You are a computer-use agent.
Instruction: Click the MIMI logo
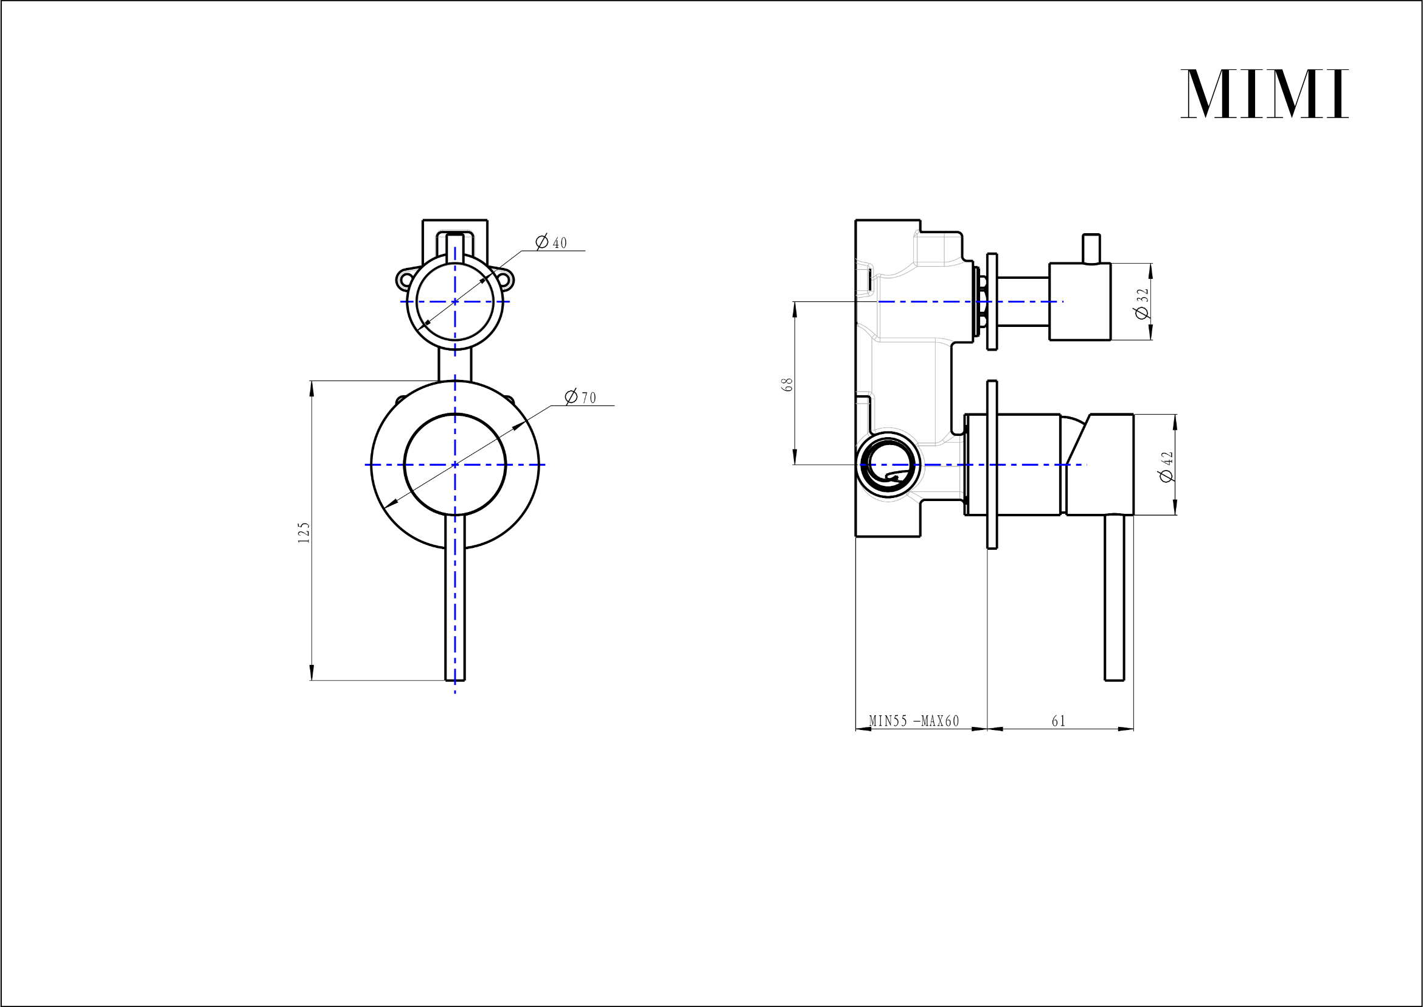tap(1264, 94)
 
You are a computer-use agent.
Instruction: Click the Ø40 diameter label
tap(551, 242)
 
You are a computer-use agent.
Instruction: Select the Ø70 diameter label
tap(581, 397)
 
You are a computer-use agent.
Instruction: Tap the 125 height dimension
tap(304, 532)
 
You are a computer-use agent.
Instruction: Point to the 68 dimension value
tap(788, 384)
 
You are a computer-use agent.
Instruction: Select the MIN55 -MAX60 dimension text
tap(914, 721)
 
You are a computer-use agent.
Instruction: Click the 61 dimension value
tap(1059, 721)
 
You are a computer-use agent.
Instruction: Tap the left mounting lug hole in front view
tap(405, 280)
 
